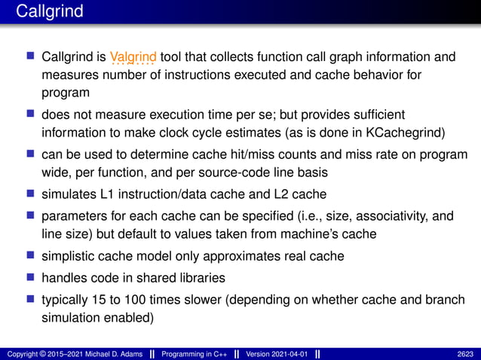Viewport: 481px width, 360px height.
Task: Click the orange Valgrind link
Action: coord(133,56)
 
